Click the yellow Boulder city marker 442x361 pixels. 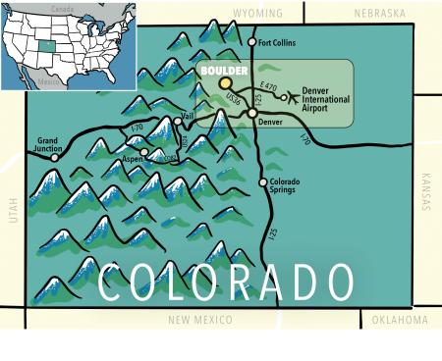pyautogui.click(x=226, y=85)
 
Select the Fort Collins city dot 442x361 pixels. pyautogui.click(x=249, y=43)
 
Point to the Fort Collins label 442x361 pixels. pyautogui.click(x=278, y=43)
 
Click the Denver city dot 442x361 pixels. pyautogui.click(x=252, y=114)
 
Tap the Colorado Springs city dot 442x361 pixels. pyautogui.click(x=261, y=181)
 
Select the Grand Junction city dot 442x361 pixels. pyautogui.click(x=56, y=157)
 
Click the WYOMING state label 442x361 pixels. pyautogui.click(x=258, y=14)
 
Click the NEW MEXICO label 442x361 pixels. pyautogui.click(x=200, y=321)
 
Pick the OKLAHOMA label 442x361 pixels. pyautogui.click(x=400, y=321)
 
